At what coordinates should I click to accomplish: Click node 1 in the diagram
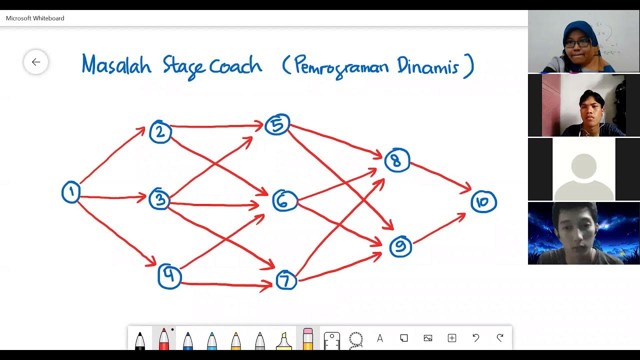[71, 192]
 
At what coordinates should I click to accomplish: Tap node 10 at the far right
[483, 202]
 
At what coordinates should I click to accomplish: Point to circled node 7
[286, 280]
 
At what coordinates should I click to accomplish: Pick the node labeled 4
[169, 276]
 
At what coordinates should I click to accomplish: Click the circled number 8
[397, 160]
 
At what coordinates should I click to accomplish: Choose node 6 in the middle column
[284, 200]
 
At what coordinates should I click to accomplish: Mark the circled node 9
[400, 246]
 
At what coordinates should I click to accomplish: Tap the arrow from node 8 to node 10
[440, 175]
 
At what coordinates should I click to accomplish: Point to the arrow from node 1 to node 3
[112, 197]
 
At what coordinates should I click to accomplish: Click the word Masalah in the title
[116, 65]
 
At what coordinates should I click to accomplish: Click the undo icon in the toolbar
[476, 338]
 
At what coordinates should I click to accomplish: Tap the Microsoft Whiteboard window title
[35, 18]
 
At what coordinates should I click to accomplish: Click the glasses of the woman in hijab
[577, 44]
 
